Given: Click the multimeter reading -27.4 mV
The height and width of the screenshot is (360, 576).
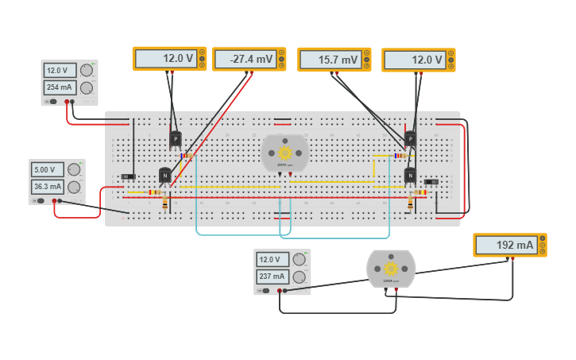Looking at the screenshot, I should tap(243, 59).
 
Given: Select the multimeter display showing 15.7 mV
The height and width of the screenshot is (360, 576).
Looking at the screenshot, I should tap(329, 60).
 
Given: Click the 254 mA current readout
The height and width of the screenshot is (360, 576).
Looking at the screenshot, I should tap(60, 87).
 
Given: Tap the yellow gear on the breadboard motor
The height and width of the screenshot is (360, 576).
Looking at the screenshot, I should tap(284, 153).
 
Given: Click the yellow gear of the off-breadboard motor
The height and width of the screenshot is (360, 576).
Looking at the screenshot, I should tap(390, 269).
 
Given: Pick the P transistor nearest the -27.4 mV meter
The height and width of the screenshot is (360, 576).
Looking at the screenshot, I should tap(175, 139).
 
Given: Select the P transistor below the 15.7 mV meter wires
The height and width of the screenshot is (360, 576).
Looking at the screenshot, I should tap(410, 140).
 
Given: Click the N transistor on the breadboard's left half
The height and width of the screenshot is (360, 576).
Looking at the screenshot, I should tap(164, 175).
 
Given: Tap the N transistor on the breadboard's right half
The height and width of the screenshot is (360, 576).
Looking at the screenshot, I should tap(410, 175).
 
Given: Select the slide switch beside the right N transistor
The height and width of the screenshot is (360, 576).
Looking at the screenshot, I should tap(431, 182).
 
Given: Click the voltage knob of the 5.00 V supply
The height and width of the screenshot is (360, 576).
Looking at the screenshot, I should tap(74, 169).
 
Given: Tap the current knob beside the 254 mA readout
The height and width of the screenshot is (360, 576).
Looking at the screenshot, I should tap(86, 87).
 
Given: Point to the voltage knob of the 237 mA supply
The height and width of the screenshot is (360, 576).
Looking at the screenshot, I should tap(299, 259).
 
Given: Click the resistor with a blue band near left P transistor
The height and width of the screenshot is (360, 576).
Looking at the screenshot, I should tap(187, 156).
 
